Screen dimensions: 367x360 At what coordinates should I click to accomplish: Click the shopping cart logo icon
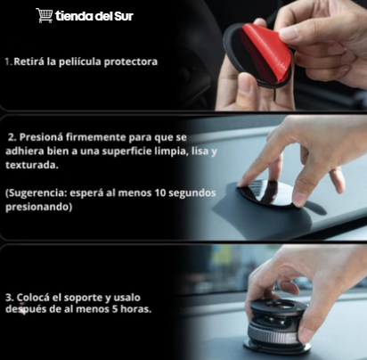click(x=45, y=15)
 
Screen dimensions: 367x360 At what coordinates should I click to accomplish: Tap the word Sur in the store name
click(x=124, y=16)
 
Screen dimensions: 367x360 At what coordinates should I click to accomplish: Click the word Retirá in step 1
click(x=29, y=61)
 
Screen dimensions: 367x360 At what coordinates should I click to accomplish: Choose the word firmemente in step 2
click(x=96, y=137)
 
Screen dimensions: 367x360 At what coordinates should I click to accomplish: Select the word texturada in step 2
click(x=32, y=165)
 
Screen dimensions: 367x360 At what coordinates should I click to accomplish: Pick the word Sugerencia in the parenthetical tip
click(x=37, y=193)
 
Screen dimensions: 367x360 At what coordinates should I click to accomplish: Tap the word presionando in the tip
click(x=38, y=207)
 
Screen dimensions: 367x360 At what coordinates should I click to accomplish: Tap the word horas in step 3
click(x=136, y=309)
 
